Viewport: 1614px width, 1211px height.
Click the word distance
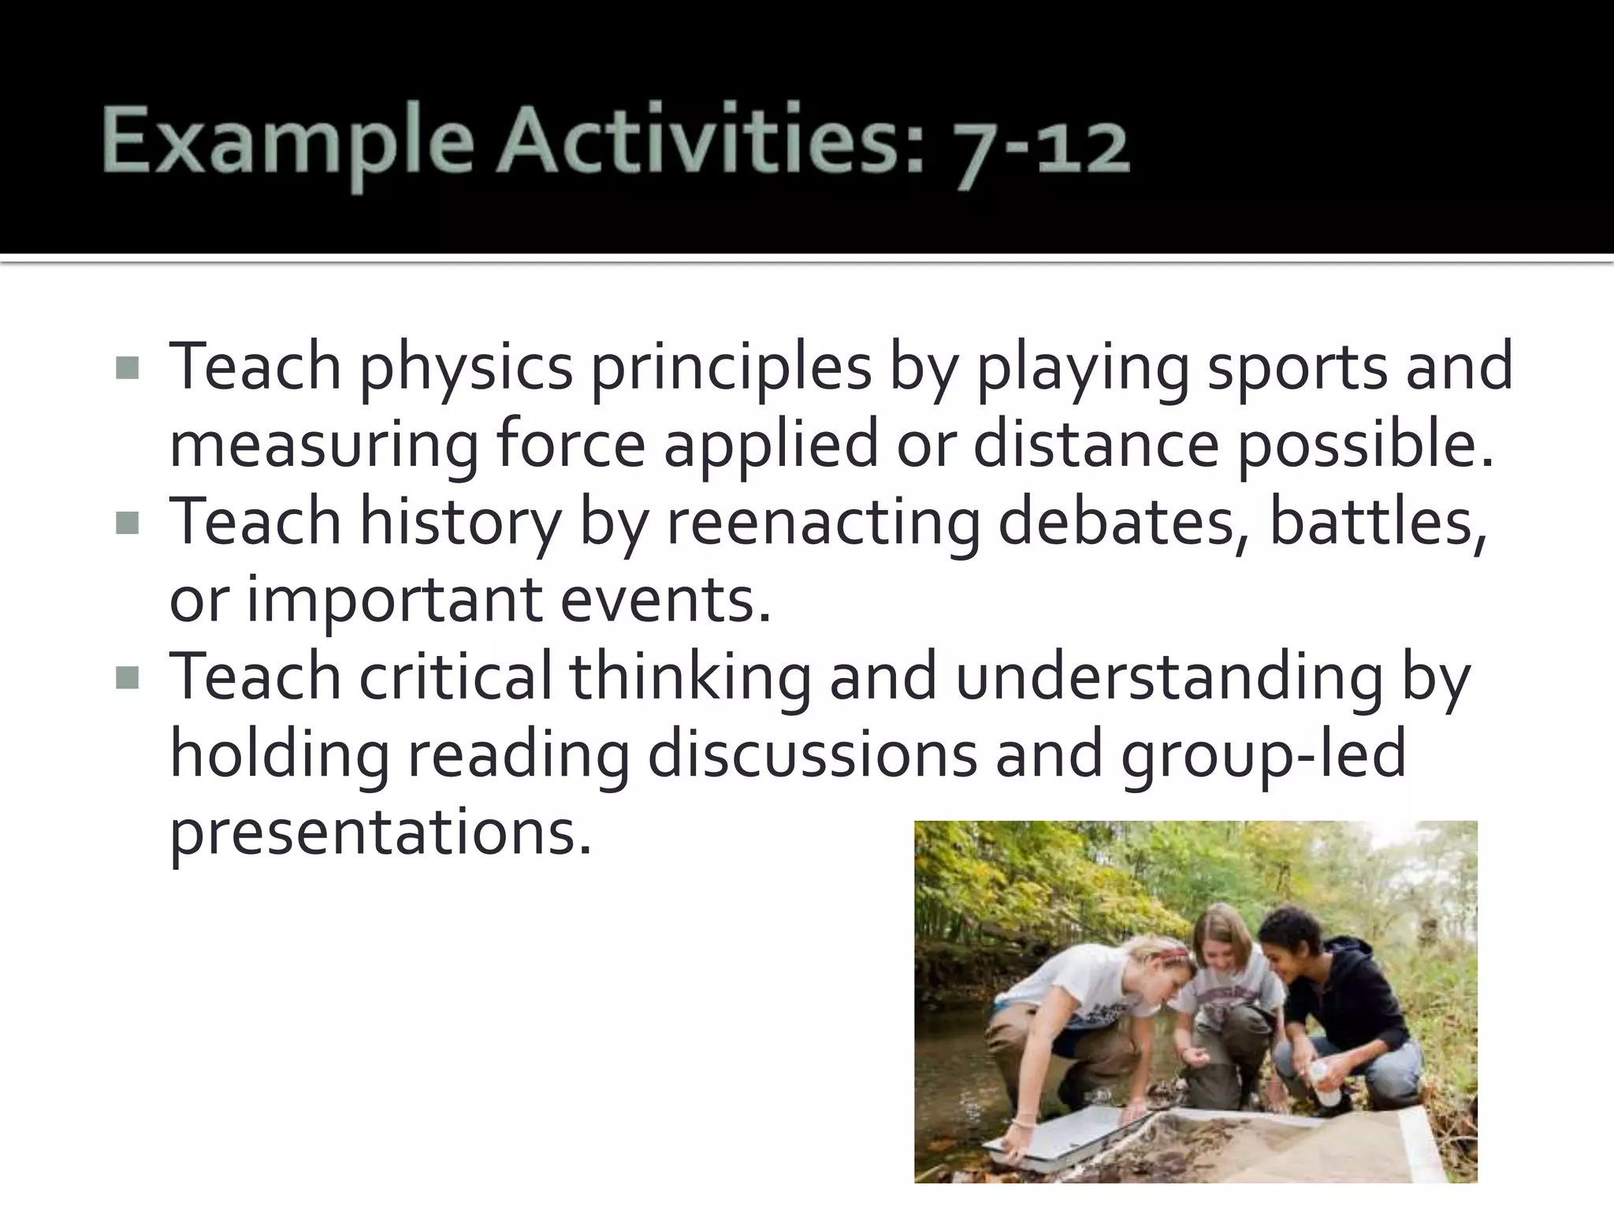pos(1096,443)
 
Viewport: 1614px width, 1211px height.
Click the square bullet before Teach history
pos(127,524)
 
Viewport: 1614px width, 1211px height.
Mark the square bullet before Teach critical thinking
pos(127,678)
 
